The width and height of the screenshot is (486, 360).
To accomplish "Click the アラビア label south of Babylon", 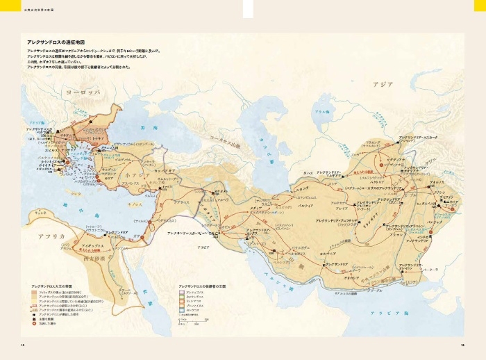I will coord(203,247).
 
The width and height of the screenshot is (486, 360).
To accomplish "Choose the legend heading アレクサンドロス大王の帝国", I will coord(56,286).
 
